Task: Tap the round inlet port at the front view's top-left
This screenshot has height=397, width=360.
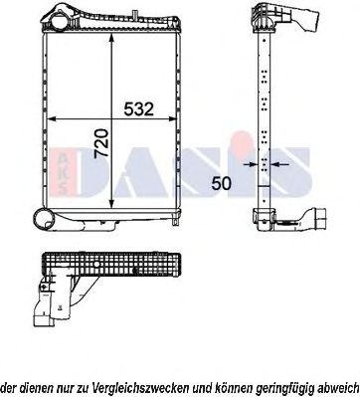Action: [x=57, y=19]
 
